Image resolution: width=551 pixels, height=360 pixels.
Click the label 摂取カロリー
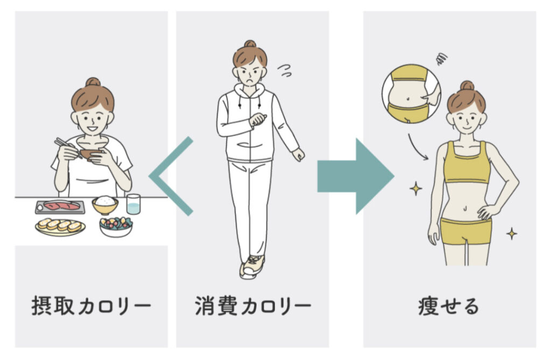tap(91, 306)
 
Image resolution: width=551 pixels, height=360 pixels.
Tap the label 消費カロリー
tap(253, 306)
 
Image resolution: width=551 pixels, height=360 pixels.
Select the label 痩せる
tap(449, 306)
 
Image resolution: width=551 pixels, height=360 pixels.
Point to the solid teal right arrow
tap(356, 176)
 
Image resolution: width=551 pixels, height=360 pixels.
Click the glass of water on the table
tap(133, 204)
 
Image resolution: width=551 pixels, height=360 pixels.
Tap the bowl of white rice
tap(105, 205)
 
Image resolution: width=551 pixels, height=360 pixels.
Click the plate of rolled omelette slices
tap(60, 227)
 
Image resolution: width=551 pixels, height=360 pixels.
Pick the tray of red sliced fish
tap(60, 207)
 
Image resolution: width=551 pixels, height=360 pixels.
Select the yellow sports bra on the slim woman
tap(467, 163)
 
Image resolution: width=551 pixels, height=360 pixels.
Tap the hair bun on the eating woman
tap(93, 82)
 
